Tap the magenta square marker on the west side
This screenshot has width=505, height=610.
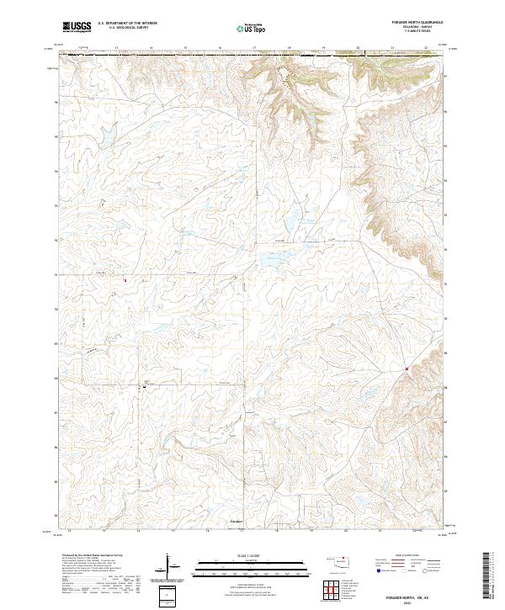[125, 280]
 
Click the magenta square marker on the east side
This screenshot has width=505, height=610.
[407, 369]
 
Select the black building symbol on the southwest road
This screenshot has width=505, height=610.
[144, 387]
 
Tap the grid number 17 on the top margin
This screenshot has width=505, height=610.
[254, 48]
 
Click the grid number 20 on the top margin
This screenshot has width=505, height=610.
[358, 48]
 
